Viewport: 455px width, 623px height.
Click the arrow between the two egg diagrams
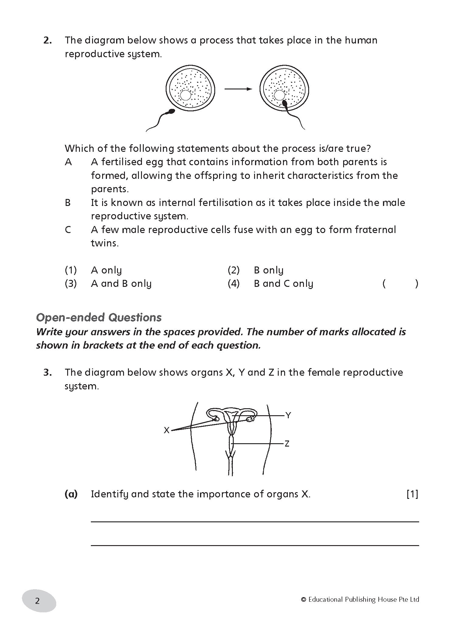pos(238,89)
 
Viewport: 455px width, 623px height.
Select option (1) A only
pos(106,270)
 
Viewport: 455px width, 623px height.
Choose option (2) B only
pos(268,270)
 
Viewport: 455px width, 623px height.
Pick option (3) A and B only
pos(121,284)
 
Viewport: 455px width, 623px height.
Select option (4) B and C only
pos(283,284)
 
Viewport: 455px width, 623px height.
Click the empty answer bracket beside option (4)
pos(400,284)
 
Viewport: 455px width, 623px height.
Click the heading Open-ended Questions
pos(99,318)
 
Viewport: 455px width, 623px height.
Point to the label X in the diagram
pos(167,430)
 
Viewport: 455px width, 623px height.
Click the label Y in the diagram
pos(288,415)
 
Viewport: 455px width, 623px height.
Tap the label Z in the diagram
pos(287,444)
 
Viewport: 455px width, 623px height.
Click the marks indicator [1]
pos(412,494)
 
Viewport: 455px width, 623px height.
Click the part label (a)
pos(71,494)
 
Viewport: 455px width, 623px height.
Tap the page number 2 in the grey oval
pos(38,601)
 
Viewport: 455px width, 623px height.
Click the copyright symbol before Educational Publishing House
pos(303,600)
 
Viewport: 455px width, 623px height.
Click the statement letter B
pos(68,203)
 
